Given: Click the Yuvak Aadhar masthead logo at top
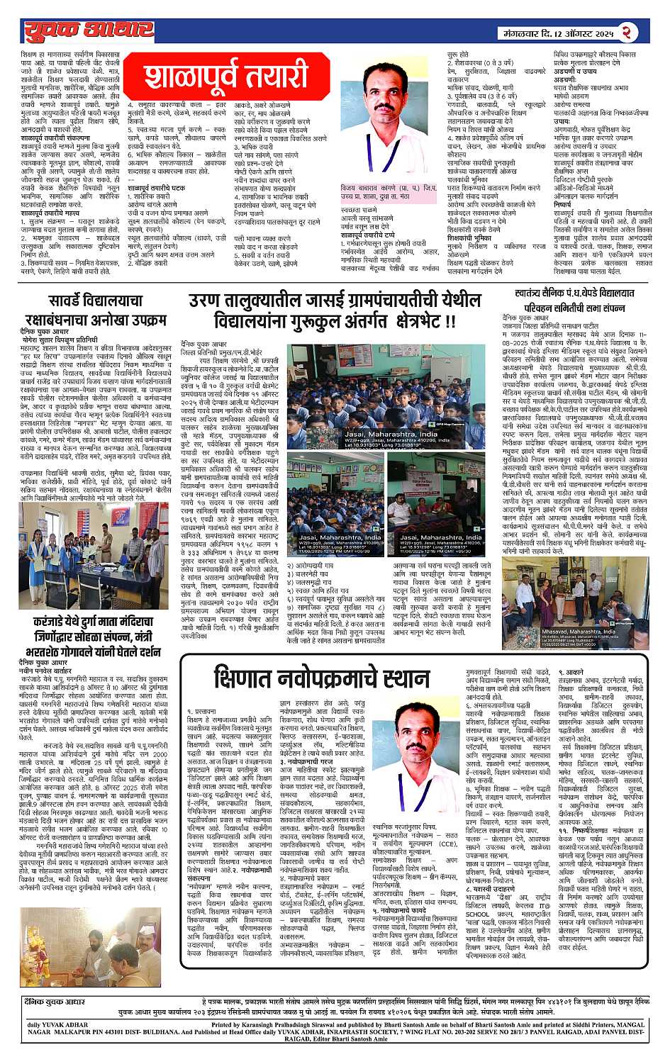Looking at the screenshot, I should point(89,30).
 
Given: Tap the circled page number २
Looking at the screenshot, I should point(628,31).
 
